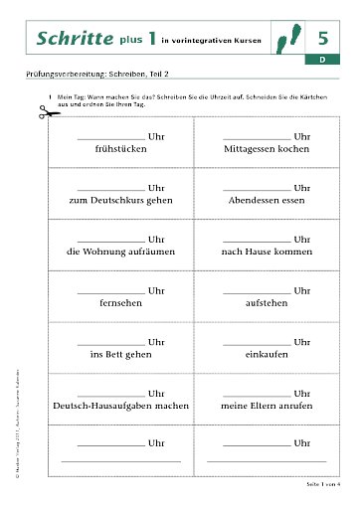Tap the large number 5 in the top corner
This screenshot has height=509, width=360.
pos(322,39)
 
